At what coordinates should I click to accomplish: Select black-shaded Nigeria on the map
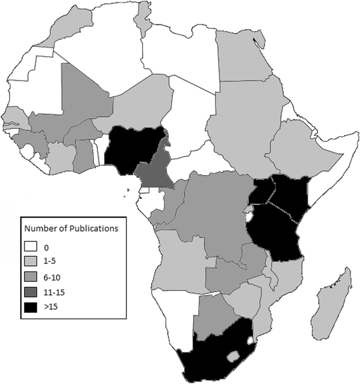(x=130, y=149)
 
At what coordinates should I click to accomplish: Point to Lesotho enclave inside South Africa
(x=234, y=355)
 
